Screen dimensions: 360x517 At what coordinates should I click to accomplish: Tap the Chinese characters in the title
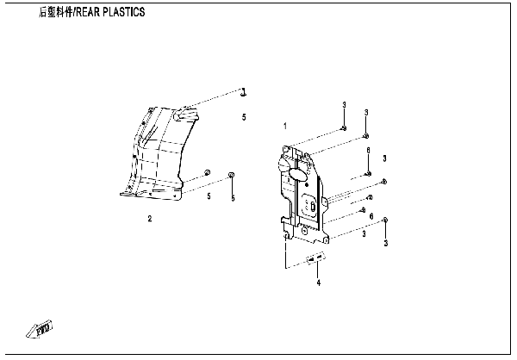click(x=55, y=13)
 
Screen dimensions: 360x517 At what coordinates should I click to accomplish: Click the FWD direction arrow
click(x=42, y=328)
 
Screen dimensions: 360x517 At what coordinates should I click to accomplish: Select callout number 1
click(x=285, y=126)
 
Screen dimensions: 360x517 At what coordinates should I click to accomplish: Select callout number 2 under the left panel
click(x=149, y=219)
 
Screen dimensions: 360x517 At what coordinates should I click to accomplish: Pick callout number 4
click(x=318, y=282)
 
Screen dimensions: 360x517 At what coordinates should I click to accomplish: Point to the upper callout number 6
click(x=368, y=151)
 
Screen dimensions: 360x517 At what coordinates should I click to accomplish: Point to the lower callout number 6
click(x=371, y=215)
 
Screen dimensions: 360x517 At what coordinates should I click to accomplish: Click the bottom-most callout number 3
click(x=386, y=244)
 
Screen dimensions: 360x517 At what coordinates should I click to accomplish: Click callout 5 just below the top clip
click(x=244, y=116)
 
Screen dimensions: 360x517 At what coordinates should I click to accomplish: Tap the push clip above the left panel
click(x=244, y=91)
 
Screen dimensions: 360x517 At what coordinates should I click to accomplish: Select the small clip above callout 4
click(x=316, y=258)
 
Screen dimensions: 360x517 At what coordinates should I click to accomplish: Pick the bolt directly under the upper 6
click(x=368, y=174)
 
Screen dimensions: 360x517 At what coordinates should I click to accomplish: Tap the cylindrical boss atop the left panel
click(x=182, y=113)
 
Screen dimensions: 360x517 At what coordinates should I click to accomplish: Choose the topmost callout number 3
click(x=343, y=104)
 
